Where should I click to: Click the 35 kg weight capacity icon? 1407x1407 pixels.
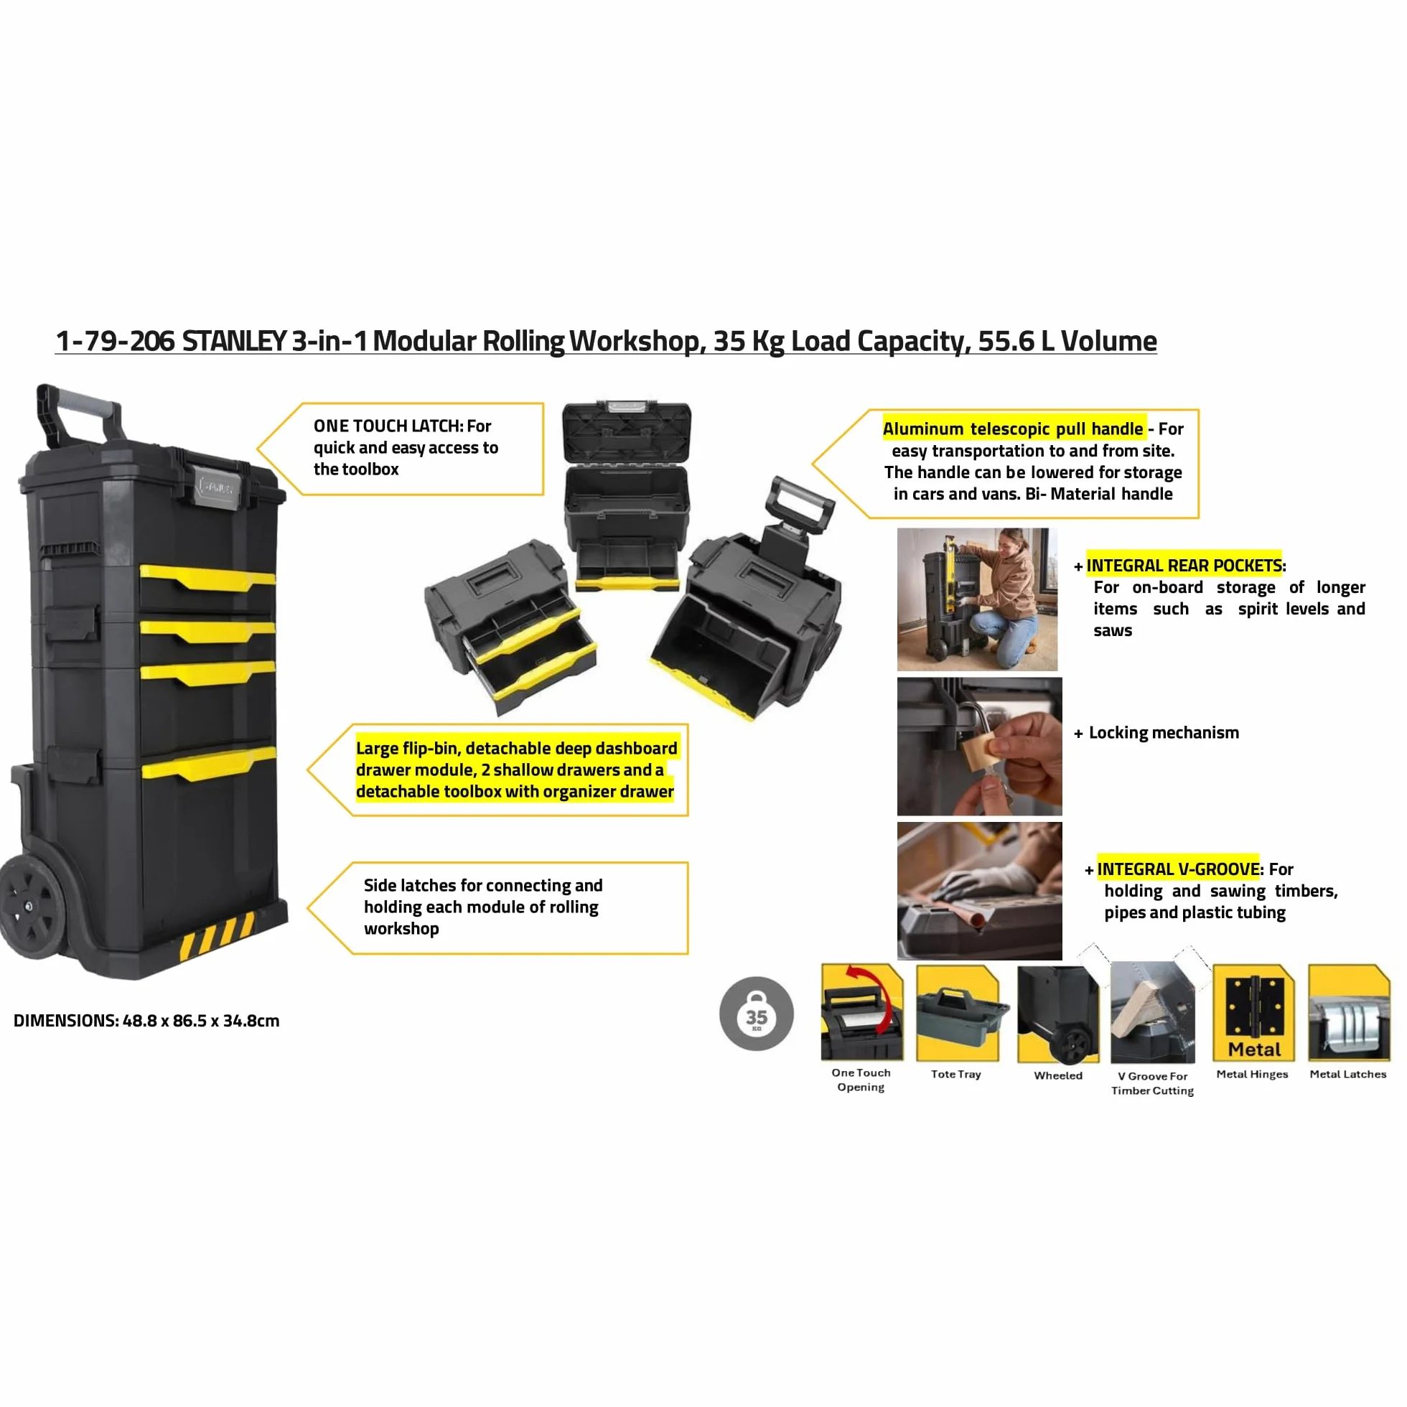[x=756, y=1014]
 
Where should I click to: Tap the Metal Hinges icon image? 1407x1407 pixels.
[x=1253, y=1013]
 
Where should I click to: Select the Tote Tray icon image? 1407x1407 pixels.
[x=957, y=1013]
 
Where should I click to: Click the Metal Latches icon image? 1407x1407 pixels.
[x=1349, y=1013]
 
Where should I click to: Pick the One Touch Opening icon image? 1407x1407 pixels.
[x=862, y=1012]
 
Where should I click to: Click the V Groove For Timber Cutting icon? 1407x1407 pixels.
[x=1152, y=1012]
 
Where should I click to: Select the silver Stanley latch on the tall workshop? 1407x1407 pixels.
[x=217, y=486]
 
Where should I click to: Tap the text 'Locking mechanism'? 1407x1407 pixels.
[x=1164, y=733]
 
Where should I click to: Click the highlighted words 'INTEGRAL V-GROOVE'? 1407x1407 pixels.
[x=1178, y=869]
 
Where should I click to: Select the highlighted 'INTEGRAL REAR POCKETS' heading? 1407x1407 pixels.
[x=1184, y=565]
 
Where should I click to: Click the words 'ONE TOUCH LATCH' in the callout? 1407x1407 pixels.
[x=388, y=425]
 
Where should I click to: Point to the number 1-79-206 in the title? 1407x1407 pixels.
[x=115, y=341]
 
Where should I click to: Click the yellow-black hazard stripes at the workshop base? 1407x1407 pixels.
[x=217, y=935]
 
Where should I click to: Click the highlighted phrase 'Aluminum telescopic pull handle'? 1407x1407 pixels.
[x=1013, y=429]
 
